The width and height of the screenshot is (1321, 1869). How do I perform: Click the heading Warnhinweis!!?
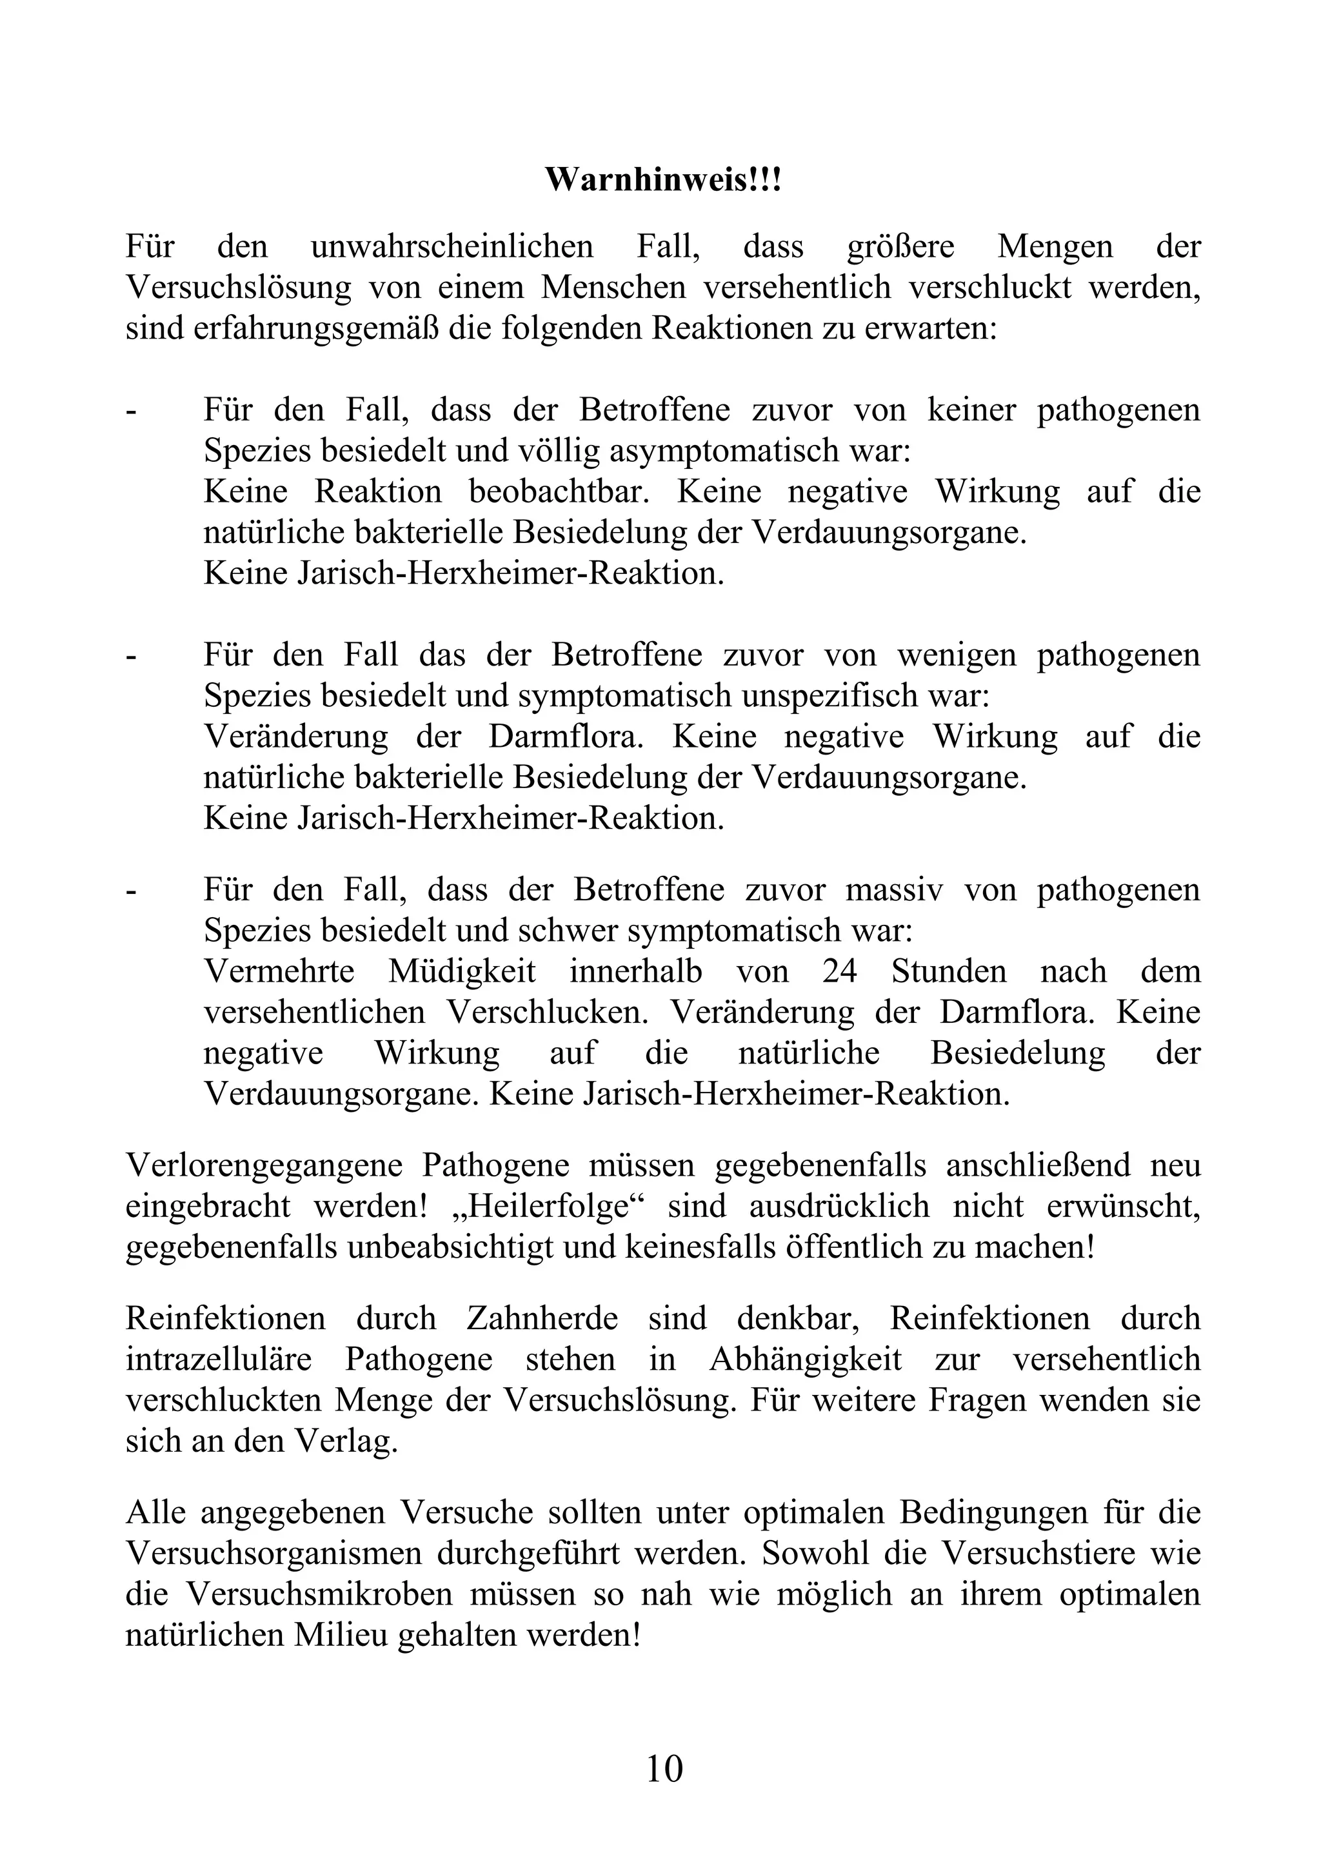(662, 181)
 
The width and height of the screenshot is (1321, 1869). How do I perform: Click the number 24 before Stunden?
(839, 971)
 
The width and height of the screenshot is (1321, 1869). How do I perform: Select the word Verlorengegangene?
(264, 1165)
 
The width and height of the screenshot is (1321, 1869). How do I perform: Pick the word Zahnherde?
(542, 1319)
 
